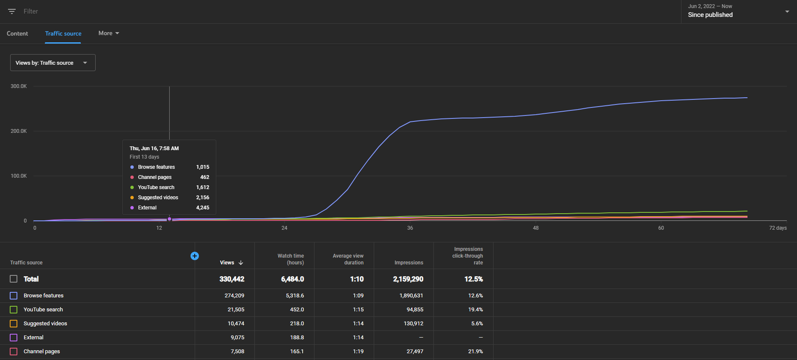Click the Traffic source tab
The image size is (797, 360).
[63, 33]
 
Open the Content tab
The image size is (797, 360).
[17, 33]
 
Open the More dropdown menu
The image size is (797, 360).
[109, 33]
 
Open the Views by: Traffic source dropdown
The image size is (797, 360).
[53, 63]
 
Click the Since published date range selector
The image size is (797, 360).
[739, 11]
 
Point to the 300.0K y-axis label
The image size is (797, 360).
[19, 86]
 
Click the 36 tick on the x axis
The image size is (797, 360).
[410, 228]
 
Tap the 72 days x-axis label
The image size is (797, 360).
[778, 228]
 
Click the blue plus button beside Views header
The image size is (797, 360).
[195, 256]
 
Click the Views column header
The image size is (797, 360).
[232, 263]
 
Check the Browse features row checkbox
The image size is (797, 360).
[14, 296]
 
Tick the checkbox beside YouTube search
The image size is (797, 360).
[14, 310]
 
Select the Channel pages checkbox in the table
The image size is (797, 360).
[14, 352]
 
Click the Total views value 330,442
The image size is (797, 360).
[232, 279]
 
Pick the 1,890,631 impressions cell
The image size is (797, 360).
[411, 296]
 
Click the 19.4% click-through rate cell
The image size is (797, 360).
[476, 310]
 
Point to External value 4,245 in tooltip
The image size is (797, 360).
[203, 208]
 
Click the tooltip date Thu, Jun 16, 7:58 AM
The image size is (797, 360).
[154, 148]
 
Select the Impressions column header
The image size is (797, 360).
[409, 263]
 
